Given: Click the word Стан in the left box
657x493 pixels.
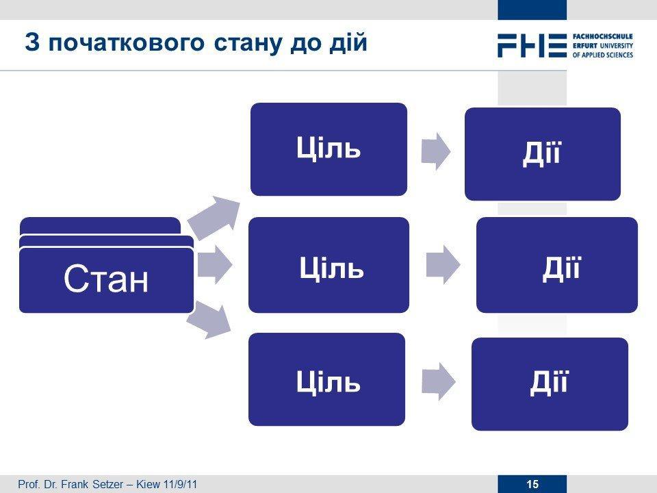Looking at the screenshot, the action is point(106,278).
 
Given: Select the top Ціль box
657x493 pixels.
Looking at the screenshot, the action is point(329,149).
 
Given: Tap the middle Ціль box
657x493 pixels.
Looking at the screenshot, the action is point(329,265).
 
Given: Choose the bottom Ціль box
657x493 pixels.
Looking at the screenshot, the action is point(327,379).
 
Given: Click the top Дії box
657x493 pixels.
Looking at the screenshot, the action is point(543,154).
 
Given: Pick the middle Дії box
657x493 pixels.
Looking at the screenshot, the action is point(557,265).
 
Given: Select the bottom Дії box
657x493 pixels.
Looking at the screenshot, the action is point(550,384).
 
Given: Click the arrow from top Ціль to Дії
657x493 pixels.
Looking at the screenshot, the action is point(436,151).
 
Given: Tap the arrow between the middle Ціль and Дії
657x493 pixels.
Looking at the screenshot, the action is point(443,265).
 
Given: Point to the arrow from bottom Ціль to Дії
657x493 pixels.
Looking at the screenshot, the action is point(438,381).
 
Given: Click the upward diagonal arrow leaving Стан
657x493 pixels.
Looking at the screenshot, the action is point(214,217).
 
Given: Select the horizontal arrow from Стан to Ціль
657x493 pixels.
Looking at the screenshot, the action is point(214,265).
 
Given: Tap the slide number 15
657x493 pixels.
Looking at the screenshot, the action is point(532,484).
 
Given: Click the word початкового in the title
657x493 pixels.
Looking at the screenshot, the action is point(127,43).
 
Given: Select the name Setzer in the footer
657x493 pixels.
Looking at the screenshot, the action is point(107,484).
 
